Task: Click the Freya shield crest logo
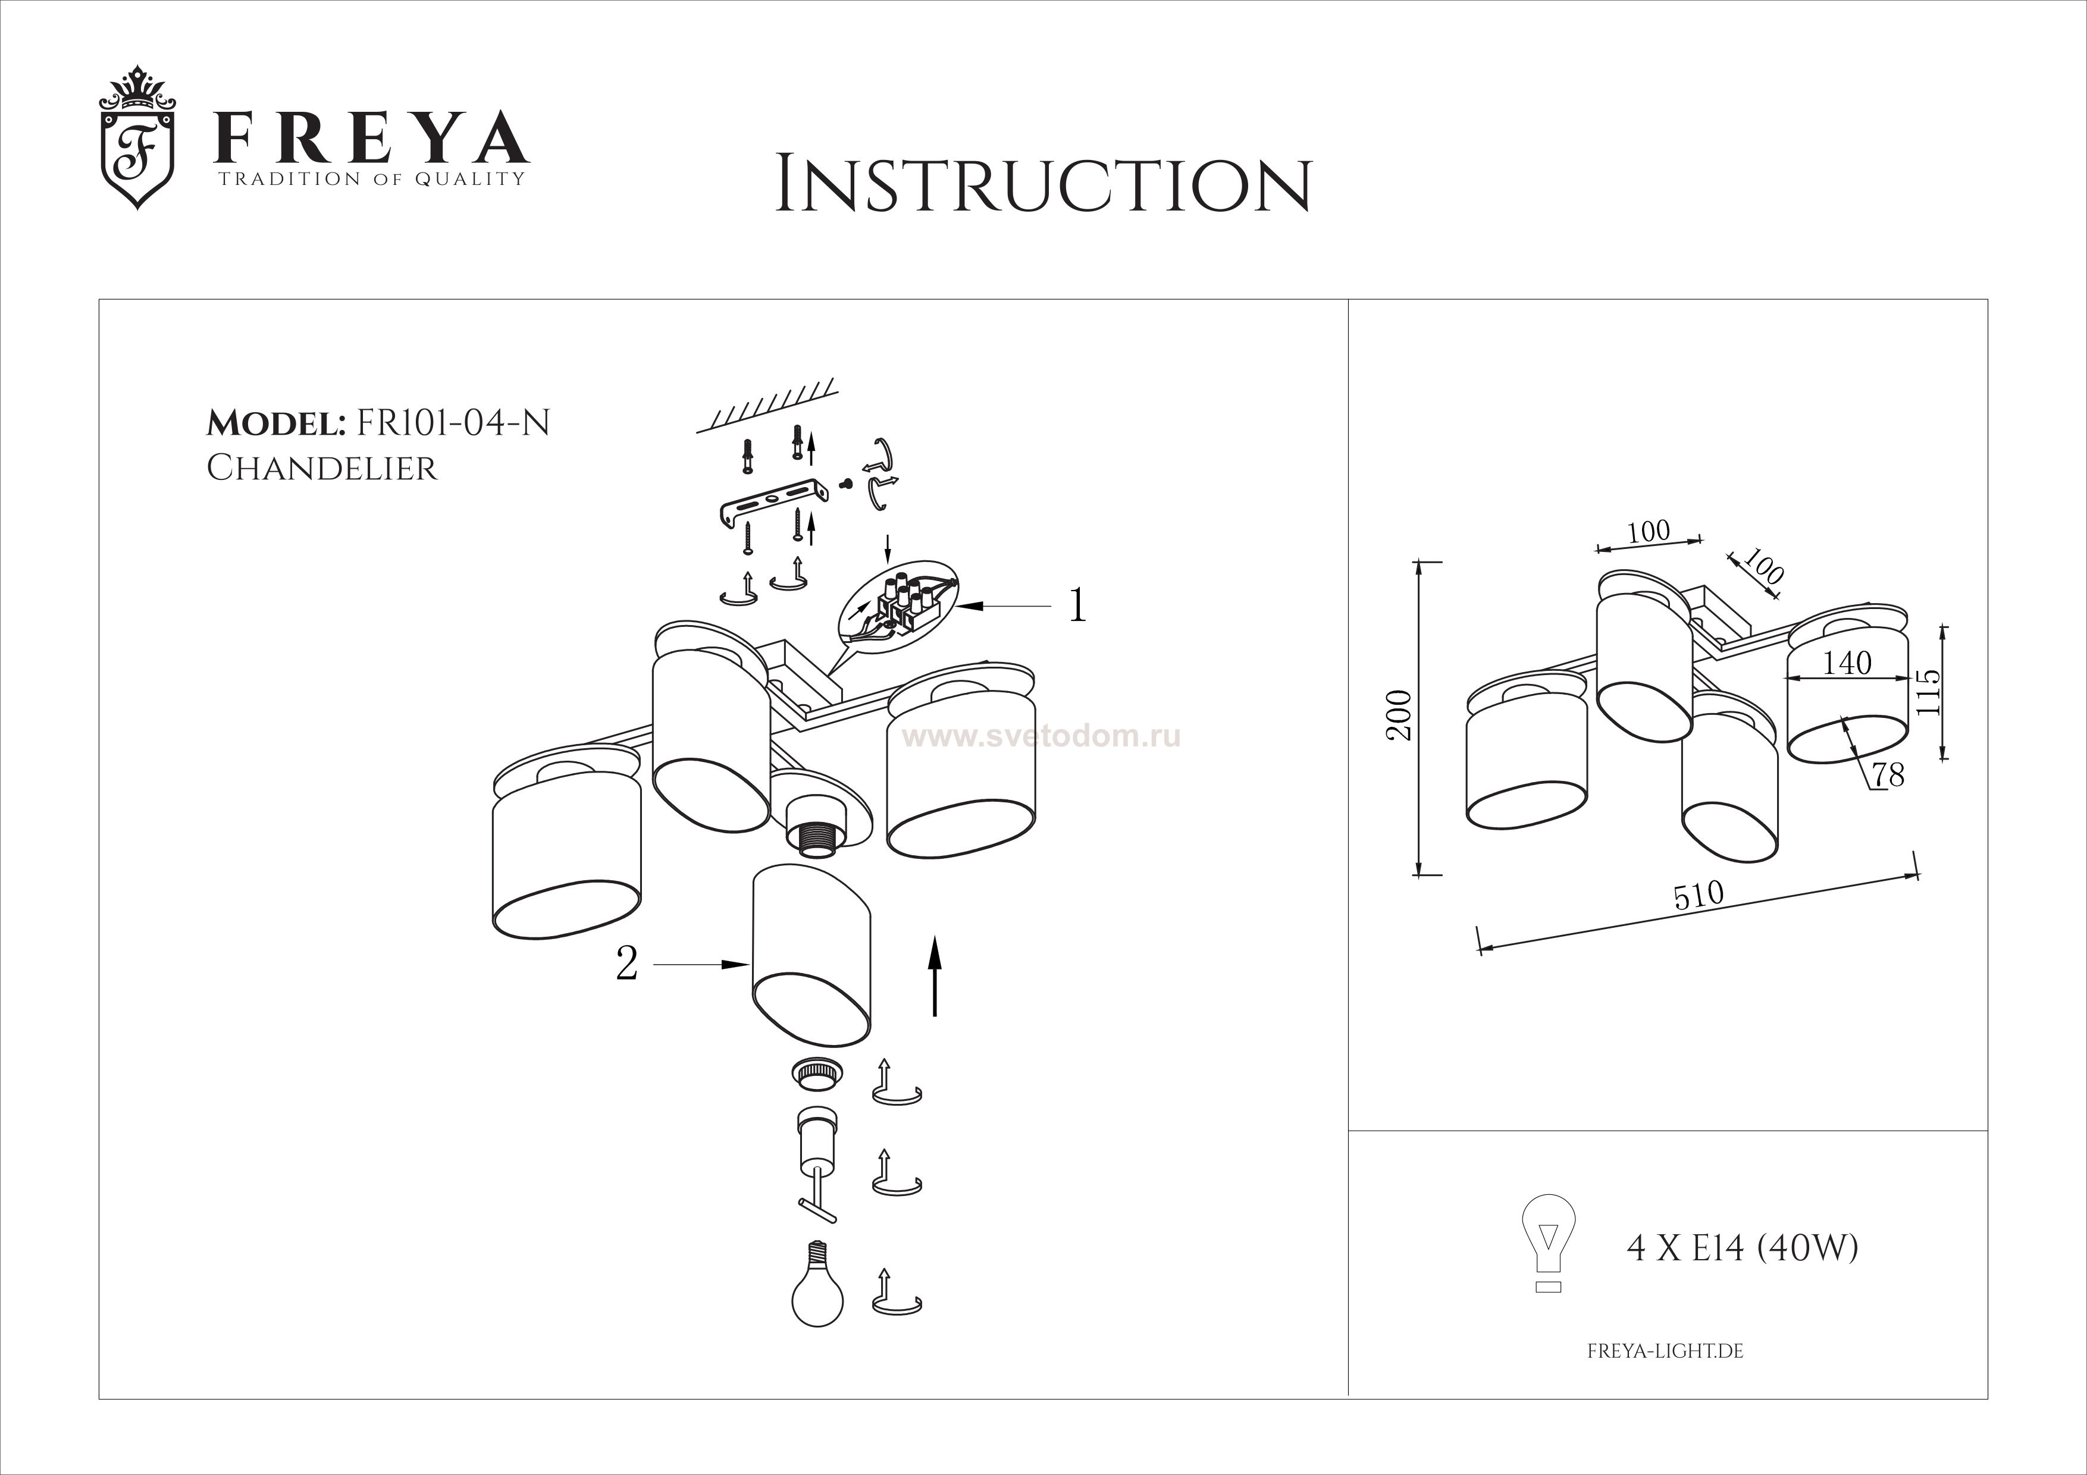136,138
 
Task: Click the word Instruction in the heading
1043,186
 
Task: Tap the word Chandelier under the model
322,468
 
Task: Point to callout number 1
1077,605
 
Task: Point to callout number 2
626,964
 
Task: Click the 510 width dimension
1699,895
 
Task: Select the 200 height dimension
1400,716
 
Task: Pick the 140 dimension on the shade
1847,663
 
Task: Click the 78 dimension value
1888,775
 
